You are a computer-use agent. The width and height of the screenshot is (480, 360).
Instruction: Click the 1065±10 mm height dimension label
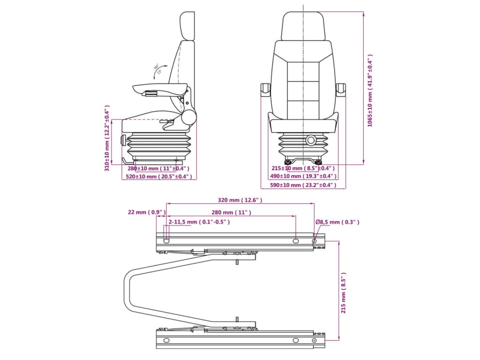[x=370, y=90]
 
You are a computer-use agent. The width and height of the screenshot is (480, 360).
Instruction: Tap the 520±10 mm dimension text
[x=159, y=177]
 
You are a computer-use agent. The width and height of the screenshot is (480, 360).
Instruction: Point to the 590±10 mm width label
[x=303, y=185]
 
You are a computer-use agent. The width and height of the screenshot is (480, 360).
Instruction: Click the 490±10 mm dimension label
[x=303, y=176]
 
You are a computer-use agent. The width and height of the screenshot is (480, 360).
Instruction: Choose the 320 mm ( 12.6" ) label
[x=240, y=200]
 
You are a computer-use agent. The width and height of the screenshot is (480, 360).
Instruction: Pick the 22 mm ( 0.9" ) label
[x=147, y=212]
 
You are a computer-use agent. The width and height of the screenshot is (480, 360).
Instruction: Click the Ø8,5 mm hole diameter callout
[x=337, y=222]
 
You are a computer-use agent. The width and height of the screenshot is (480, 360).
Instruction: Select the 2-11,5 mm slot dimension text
[x=199, y=222]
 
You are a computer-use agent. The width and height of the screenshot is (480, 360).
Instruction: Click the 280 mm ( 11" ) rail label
[x=231, y=212]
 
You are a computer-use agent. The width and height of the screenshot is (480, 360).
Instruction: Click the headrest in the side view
[x=187, y=26]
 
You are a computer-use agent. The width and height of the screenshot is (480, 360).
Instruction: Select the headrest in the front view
[x=303, y=26]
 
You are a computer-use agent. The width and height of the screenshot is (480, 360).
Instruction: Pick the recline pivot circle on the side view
[x=189, y=118]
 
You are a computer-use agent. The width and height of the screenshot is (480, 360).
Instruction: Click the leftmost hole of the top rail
[x=166, y=241]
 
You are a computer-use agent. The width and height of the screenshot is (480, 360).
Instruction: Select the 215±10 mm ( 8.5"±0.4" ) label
[x=303, y=168]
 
